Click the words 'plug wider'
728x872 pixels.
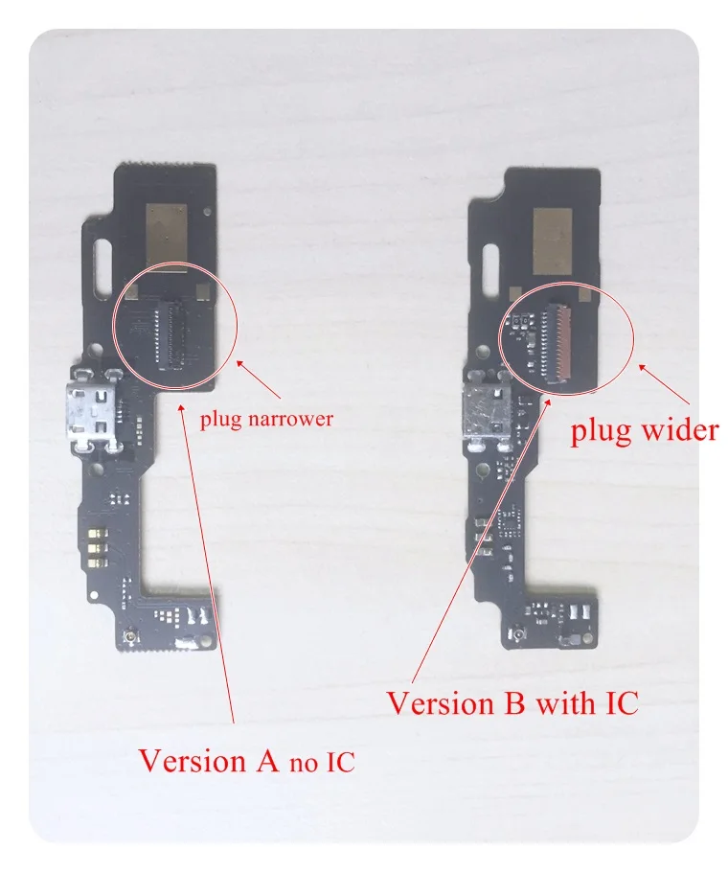pos(644,430)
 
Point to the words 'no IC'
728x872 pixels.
pos(321,763)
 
